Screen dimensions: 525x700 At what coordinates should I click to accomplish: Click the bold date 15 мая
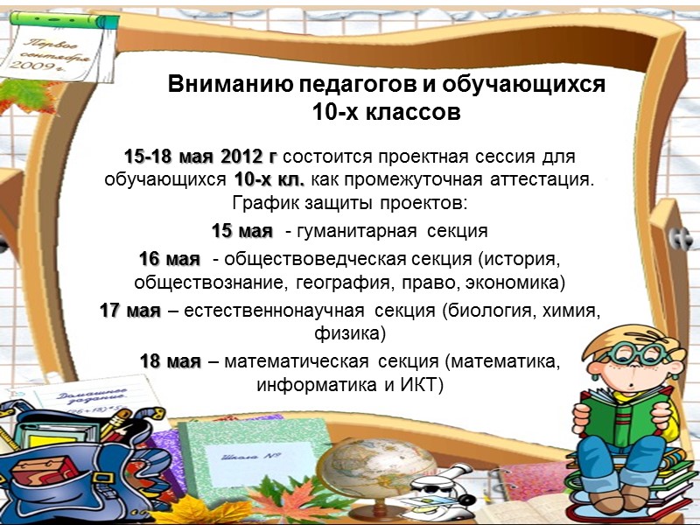[x=242, y=231]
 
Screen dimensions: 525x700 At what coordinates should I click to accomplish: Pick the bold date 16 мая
[x=170, y=260]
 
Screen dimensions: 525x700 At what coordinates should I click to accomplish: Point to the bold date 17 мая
[x=130, y=312]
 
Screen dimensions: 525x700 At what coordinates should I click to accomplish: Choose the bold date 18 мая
[x=171, y=361]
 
